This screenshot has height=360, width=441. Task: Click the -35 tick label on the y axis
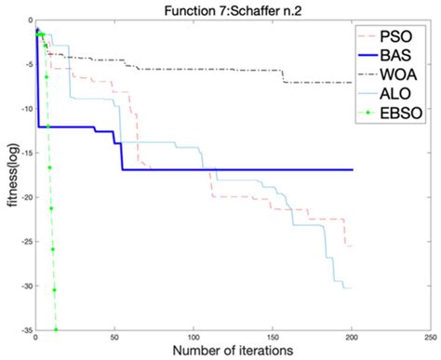[23, 330]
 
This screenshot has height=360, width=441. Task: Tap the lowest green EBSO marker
[56, 329]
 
